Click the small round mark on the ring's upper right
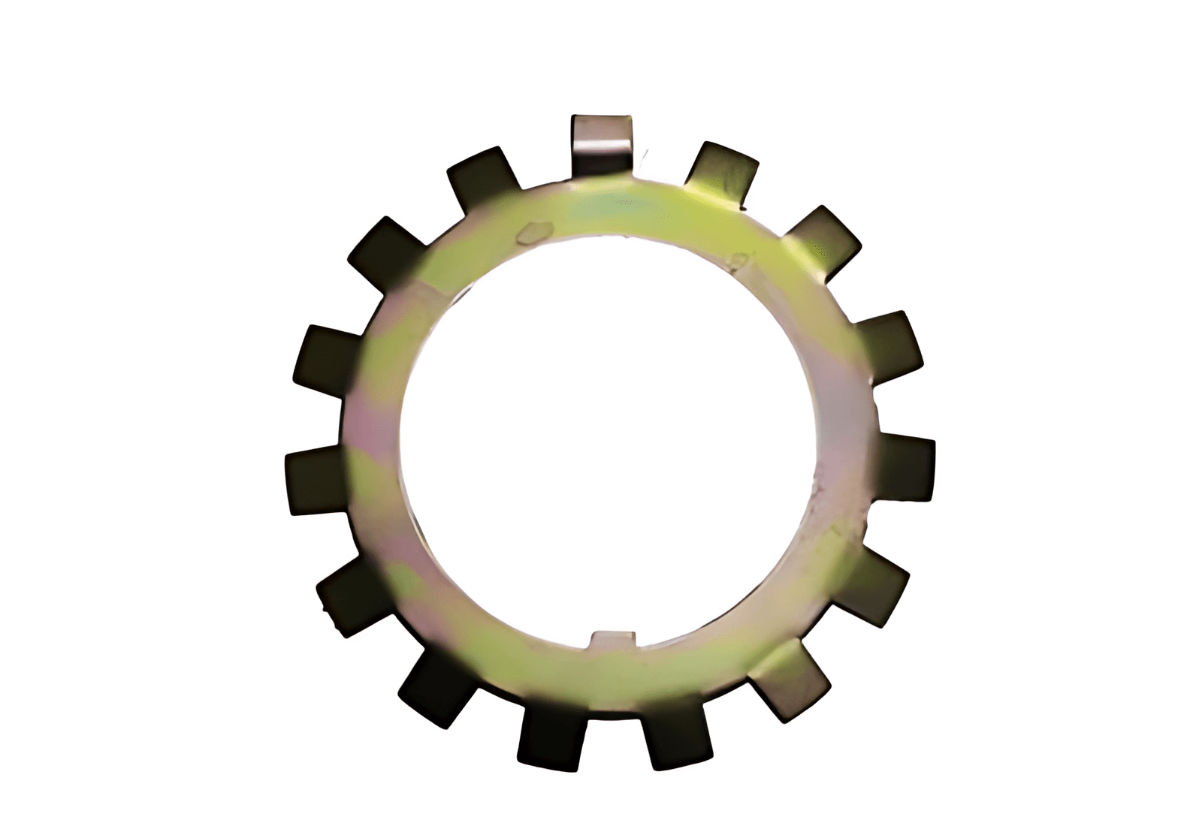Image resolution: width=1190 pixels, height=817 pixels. click(x=739, y=260)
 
